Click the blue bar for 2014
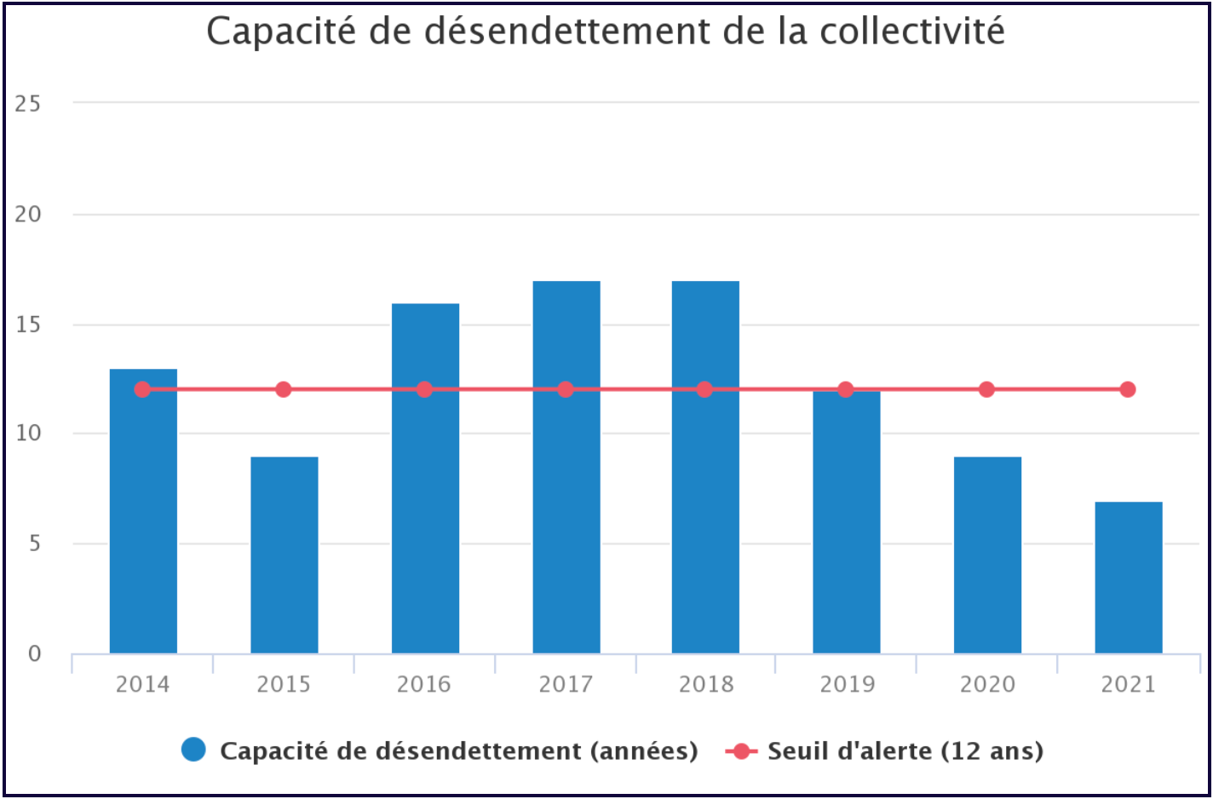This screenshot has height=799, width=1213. click(143, 511)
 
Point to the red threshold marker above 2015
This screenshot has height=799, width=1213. click(284, 389)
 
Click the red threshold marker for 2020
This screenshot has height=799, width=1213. click(986, 389)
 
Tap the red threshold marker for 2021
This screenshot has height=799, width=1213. click(1128, 389)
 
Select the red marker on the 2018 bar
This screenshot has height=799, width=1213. click(704, 389)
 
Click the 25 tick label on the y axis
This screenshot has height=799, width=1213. click(27, 104)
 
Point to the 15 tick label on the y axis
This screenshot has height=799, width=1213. click(27, 325)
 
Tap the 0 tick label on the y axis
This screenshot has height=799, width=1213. click(34, 654)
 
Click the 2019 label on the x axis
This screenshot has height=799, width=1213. click(847, 684)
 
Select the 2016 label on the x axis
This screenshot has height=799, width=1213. click(424, 684)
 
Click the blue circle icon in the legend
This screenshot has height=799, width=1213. click(194, 750)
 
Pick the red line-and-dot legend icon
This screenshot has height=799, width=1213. click(741, 750)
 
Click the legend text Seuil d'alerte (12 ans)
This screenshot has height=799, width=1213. click(905, 750)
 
